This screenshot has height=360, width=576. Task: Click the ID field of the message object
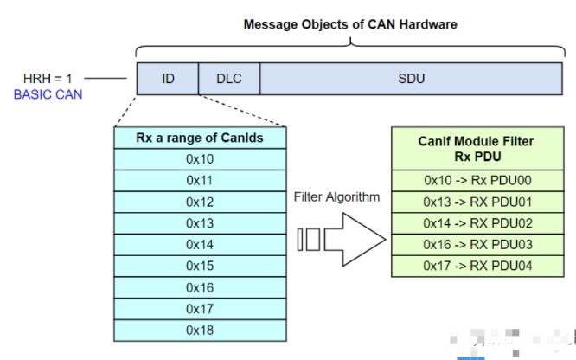(168, 79)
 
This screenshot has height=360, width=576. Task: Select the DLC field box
(228, 79)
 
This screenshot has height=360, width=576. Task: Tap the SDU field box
(411, 79)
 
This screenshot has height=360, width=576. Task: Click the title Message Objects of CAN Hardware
(350, 24)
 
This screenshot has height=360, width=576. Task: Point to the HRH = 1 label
(48, 78)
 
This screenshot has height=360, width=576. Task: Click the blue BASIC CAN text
(48, 93)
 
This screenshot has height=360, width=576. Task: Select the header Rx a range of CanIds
(200, 138)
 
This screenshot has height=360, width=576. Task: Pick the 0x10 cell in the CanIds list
(200, 159)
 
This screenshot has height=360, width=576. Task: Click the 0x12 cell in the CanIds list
(200, 202)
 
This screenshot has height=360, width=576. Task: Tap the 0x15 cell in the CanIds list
(200, 266)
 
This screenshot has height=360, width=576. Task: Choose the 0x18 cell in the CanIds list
(200, 330)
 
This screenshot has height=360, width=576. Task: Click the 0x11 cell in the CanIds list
(200, 180)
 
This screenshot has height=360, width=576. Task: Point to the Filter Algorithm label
(337, 197)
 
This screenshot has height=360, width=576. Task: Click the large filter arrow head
(363, 239)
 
